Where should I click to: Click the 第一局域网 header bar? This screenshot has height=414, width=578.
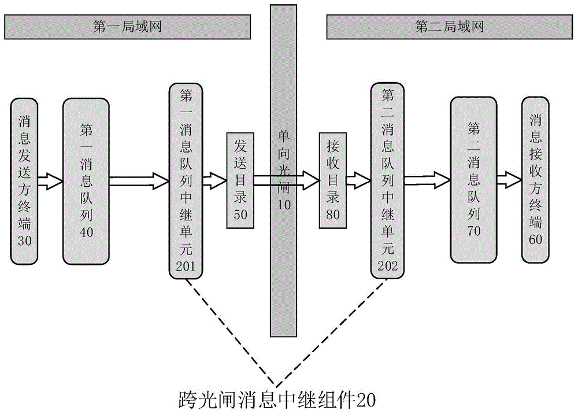(127, 26)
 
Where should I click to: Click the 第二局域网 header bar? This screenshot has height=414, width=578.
(449, 26)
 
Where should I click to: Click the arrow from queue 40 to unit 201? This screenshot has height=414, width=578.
(139, 180)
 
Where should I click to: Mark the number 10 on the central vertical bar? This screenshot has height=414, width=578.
(284, 204)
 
